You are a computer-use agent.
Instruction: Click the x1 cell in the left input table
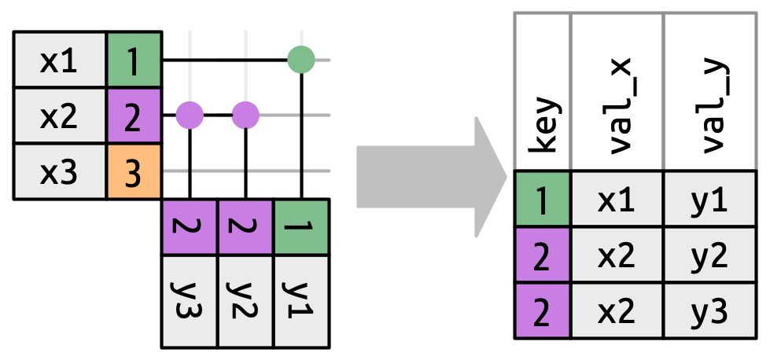59,61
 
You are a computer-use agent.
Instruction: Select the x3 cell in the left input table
59,172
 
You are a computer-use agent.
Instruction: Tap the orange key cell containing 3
134,172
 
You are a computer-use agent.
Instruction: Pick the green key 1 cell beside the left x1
134,61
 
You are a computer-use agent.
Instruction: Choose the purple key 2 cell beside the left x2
134,116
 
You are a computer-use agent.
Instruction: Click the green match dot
301,59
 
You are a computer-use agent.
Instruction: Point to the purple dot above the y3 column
190,116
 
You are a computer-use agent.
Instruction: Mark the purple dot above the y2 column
245,116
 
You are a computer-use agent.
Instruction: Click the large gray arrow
429,177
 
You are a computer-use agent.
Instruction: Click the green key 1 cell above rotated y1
301,227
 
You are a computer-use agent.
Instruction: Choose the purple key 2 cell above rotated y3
190,227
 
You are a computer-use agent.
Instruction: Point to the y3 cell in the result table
710,311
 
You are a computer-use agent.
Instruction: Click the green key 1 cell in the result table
543,199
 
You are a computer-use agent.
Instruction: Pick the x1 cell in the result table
617,199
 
